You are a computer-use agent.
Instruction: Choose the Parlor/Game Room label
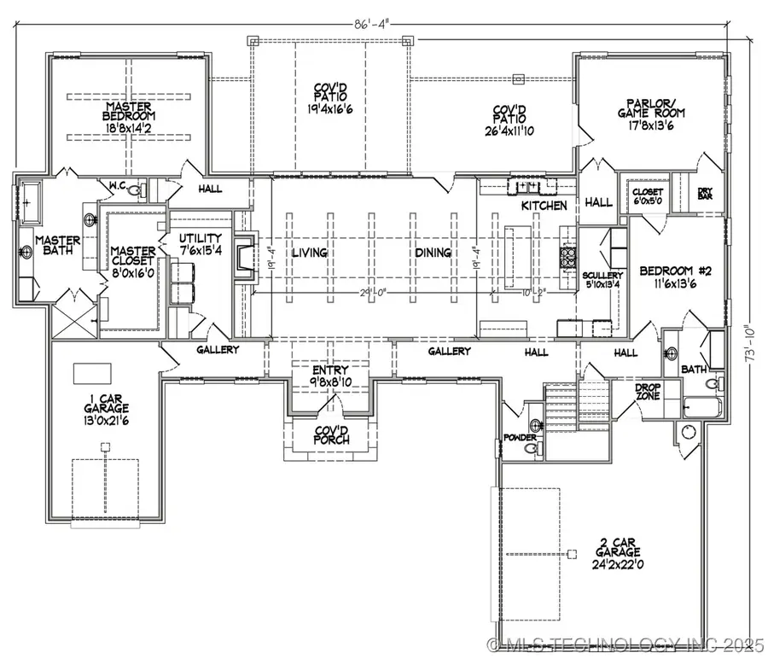652,114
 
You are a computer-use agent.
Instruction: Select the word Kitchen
544,206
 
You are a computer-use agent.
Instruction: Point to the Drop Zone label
648,392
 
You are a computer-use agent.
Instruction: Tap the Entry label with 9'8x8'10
330,376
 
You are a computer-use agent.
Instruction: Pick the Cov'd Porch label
329,434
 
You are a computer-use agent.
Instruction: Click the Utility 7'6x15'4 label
201,243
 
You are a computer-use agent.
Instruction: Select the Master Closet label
133,257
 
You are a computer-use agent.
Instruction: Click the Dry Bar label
705,194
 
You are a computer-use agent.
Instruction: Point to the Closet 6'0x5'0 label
646,197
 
